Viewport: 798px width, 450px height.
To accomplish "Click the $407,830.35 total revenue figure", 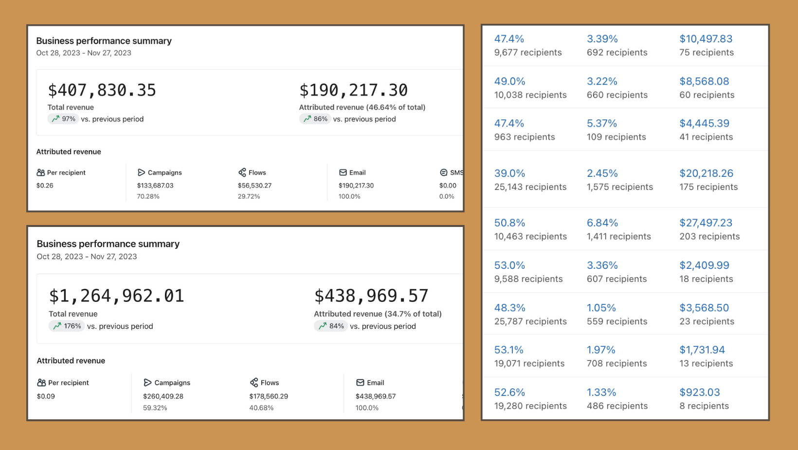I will pos(102,90).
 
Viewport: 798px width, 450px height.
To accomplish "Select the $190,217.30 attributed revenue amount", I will pos(353,90).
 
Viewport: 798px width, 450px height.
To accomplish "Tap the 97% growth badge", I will pos(63,119).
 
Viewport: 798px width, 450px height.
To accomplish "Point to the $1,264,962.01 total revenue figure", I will pos(116,296).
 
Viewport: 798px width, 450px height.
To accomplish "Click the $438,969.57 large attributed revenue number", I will pos(371,296).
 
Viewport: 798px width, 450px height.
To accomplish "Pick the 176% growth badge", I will pos(67,326).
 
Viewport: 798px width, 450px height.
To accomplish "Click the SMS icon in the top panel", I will pos(444,172).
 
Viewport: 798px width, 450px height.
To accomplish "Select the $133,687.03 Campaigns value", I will pos(155,186).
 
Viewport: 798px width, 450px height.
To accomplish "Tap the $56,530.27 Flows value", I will pos(254,186).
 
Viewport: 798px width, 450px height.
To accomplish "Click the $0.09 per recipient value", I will pos(46,396).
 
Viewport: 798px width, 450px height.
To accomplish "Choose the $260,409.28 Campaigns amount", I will pos(163,396).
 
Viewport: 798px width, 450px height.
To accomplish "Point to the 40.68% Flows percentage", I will pos(261,408).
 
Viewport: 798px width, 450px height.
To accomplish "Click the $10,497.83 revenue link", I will pos(706,39).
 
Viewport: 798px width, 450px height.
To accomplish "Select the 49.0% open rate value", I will pos(509,81).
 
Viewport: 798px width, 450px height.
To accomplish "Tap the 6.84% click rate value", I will pos(602,223).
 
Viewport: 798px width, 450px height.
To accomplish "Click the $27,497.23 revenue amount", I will pos(706,223).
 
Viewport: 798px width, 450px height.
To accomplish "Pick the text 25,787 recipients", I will pos(530,321).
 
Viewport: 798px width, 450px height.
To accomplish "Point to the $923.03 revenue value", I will pos(700,393).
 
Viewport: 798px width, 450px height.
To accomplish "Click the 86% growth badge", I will pos(315,119).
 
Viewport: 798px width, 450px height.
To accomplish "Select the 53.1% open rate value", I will pos(509,350).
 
